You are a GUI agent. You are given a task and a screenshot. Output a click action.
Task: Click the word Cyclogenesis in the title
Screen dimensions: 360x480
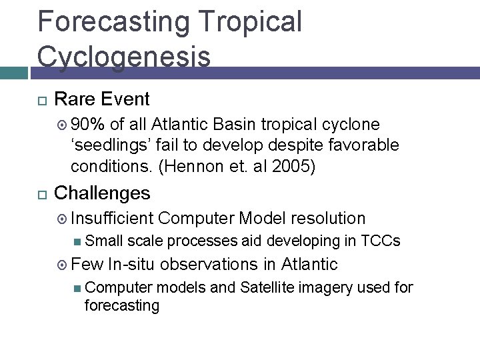pyautogui.click(x=124, y=56)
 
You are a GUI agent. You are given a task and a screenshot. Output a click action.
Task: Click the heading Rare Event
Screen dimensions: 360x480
pyautogui.click(x=101, y=99)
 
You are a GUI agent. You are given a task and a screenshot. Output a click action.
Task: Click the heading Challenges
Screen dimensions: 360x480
pyautogui.click(x=102, y=193)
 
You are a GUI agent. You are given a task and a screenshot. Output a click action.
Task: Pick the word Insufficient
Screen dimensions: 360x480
pyautogui.click(x=112, y=218)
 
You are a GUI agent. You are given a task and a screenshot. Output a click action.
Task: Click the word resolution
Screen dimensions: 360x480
pyautogui.click(x=328, y=218)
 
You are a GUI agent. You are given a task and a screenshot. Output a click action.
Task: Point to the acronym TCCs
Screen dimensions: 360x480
pyautogui.click(x=385, y=241)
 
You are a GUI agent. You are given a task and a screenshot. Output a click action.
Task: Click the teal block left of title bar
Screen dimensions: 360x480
pyautogui.click(x=15, y=73)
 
